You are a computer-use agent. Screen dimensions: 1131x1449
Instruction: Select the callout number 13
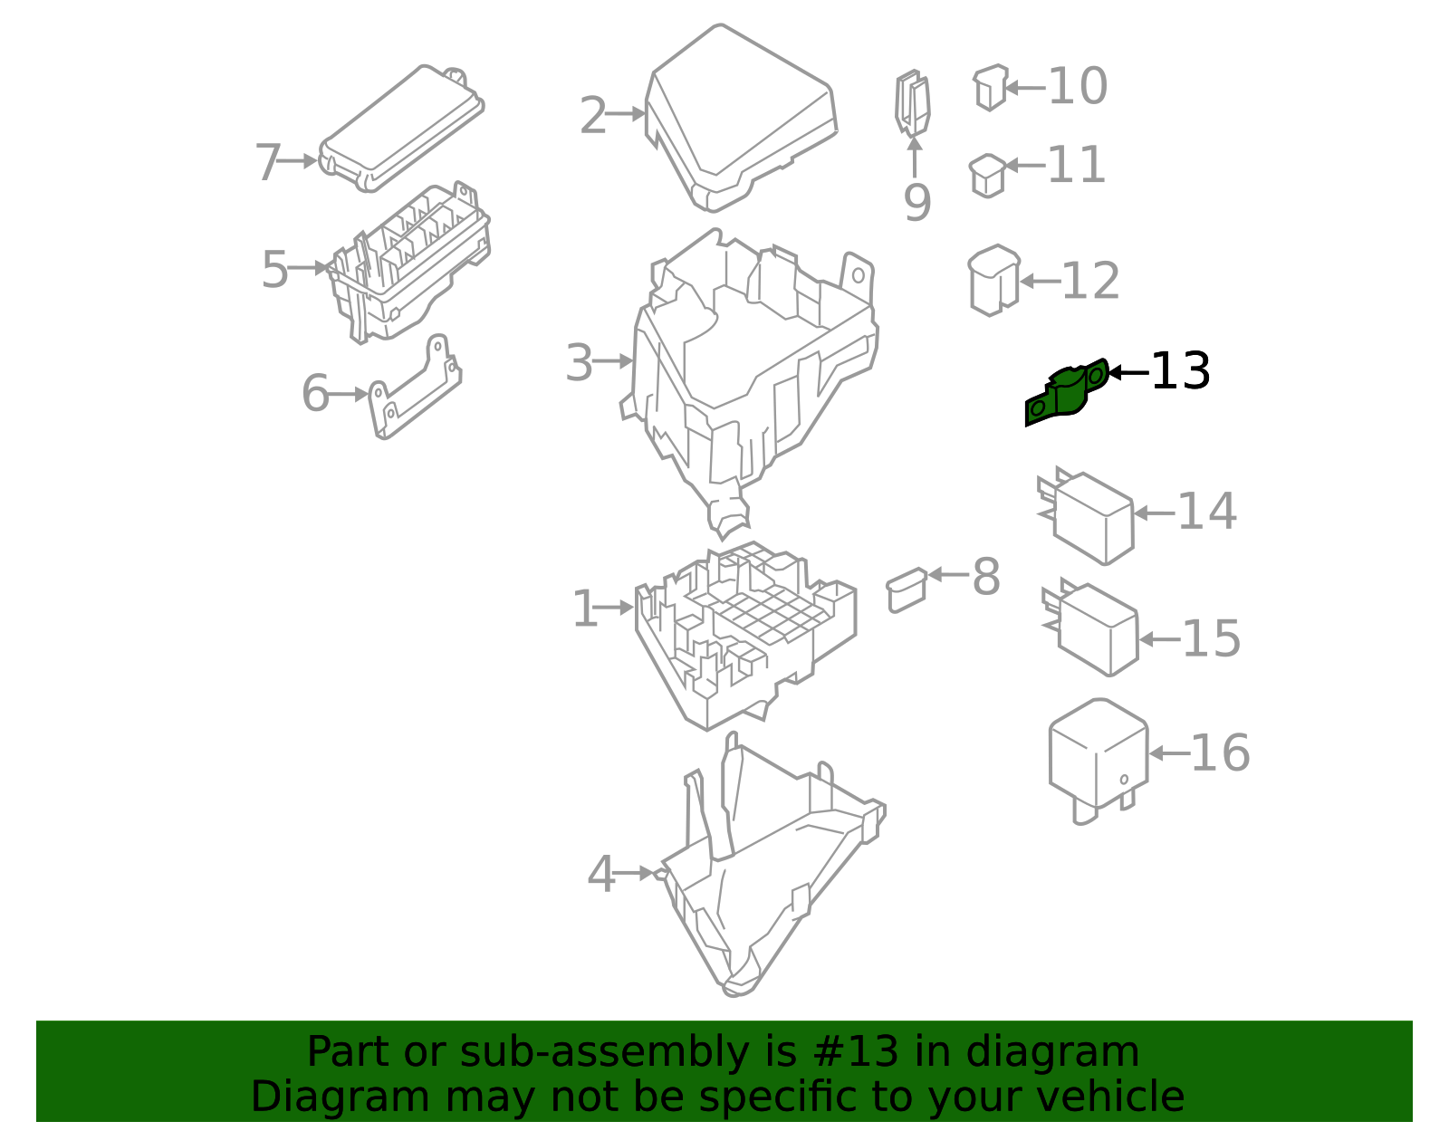coord(1180,371)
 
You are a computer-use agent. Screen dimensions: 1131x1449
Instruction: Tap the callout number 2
coord(592,116)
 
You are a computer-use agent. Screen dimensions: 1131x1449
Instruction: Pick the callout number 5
coord(274,270)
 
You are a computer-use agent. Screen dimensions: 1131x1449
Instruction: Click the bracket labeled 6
coord(414,389)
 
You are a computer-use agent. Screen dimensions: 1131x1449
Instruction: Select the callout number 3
coord(579,363)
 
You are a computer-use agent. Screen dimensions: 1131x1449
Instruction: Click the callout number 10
coord(1077,87)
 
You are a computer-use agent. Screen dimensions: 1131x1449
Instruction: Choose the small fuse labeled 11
coord(986,175)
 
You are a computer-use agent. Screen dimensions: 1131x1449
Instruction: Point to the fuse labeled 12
coord(993,280)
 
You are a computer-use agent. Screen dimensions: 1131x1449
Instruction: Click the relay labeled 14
coord(1091,517)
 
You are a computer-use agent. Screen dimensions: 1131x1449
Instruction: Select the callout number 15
coord(1211,639)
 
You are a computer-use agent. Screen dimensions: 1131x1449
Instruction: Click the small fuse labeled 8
coord(906,589)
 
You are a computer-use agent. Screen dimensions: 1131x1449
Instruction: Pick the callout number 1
coord(585,609)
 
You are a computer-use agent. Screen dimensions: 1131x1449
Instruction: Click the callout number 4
coord(600,875)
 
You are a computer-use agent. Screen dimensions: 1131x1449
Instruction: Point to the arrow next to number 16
coord(1167,753)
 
